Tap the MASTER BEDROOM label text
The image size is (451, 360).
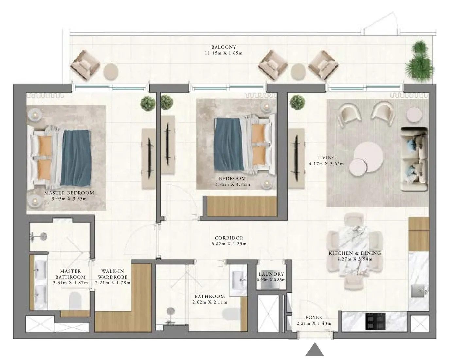point(69,193)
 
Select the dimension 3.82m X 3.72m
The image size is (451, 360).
point(232,184)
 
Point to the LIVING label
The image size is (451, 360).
point(326,158)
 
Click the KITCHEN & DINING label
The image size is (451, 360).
point(355,253)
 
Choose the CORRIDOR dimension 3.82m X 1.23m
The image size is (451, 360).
point(229,244)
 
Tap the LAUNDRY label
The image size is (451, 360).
point(271,274)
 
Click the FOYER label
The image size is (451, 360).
point(314,317)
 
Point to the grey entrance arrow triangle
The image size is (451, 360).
point(315,350)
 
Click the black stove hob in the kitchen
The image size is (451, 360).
point(375,321)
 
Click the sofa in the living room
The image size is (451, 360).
point(414,159)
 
